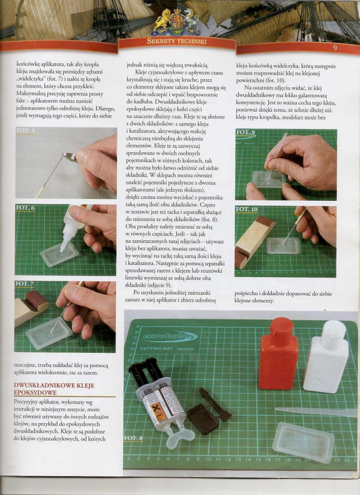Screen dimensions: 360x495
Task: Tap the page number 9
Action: pyautogui.click(x=335, y=48)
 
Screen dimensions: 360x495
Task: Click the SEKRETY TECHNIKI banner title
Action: pyautogui.click(x=176, y=41)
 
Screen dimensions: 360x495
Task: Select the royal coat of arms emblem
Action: pyautogui.click(x=176, y=22)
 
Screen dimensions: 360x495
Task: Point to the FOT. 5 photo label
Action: pyautogui.click(x=25, y=130)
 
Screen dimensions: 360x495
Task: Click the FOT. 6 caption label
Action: pyautogui.click(x=25, y=208)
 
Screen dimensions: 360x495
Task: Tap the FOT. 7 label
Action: pyautogui.click(x=25, y=284)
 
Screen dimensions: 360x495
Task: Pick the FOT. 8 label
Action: pyautogui.click(x=133, y=438)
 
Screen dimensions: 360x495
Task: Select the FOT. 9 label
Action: pyautogui.click(x=246, y=132)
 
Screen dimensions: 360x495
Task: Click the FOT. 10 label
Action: pyautogui.click(x=246, y=209)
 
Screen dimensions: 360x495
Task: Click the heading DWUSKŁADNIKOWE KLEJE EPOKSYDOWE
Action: pyautogui.click(x=54, y=389)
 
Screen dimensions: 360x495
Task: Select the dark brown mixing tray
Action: pyautogui.click(x=203, y=419)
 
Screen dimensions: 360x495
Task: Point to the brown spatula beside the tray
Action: pyautogui.click(x=215, y=405)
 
